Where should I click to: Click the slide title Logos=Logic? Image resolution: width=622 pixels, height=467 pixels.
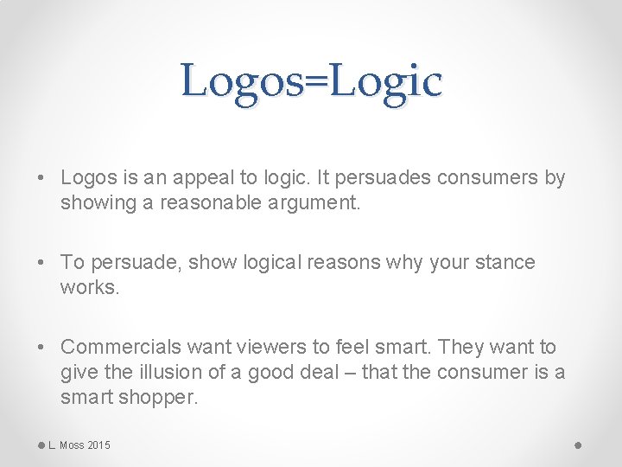tap(311, 81)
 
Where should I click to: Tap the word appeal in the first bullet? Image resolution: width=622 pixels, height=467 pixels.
tap(200, 178)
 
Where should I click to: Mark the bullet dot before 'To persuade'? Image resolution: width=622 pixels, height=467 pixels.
tap(42, 262)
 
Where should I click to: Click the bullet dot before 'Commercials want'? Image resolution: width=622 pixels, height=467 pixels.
tap(42, 348)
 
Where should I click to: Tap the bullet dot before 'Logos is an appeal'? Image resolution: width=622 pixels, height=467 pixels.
tap(42, 179)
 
